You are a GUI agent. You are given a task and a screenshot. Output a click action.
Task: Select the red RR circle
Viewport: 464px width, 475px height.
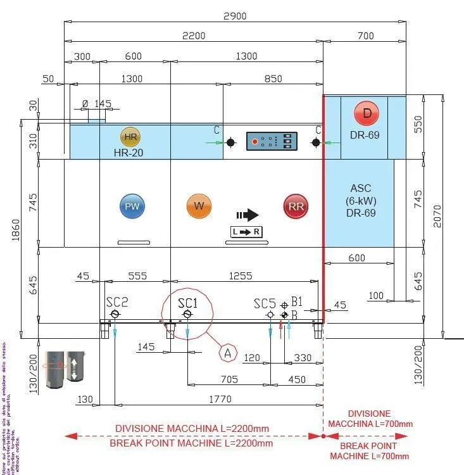click(295, 206)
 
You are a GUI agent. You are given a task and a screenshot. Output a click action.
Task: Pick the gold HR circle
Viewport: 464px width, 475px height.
click(130, 137)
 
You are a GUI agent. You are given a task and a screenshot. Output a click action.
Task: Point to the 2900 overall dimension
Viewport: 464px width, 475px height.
click(235, 16)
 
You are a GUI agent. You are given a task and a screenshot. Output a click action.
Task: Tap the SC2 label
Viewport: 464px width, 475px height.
click(116, 302)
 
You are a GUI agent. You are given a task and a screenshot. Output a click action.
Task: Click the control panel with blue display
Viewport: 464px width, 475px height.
click(272, 141)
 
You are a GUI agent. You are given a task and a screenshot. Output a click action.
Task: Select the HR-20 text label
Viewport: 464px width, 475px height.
click(130, 152)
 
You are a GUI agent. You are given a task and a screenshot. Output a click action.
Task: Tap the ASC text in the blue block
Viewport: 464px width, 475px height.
click(360, 189)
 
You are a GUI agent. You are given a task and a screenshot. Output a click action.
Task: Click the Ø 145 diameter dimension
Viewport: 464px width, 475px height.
click(97, 103)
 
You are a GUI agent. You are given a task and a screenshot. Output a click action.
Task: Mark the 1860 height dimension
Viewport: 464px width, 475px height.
click(16, 235)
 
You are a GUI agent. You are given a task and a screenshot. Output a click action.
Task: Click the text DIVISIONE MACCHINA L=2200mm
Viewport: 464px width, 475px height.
click(192, 428)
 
